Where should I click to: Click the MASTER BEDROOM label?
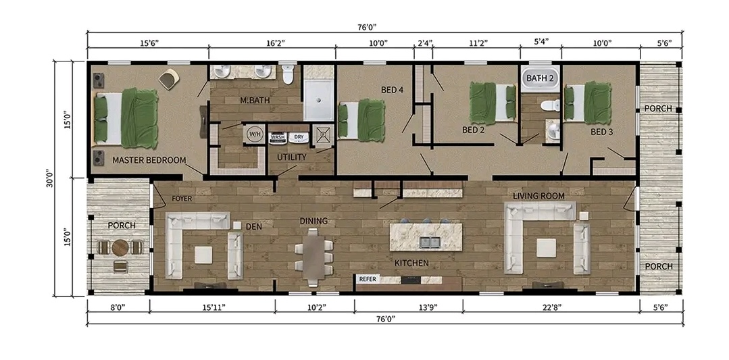149,160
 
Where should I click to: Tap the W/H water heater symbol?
255,133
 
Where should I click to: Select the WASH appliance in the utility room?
278,137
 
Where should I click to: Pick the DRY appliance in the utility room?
298,137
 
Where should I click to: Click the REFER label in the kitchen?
368,278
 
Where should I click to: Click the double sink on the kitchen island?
428,241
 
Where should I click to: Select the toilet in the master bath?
288,74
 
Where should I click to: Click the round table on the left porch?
120,247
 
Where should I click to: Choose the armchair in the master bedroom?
168,80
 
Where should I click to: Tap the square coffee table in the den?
203,254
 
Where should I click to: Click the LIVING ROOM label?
538,196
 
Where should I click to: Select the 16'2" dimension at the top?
274,43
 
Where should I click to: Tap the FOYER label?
182,199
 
